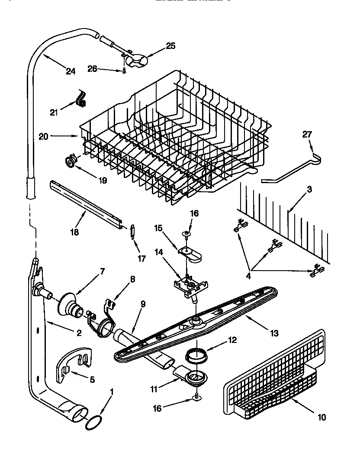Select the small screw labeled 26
point(123,70)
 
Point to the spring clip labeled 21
point(81,98)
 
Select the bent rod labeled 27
point(294,166)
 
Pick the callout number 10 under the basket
point(321,417)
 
